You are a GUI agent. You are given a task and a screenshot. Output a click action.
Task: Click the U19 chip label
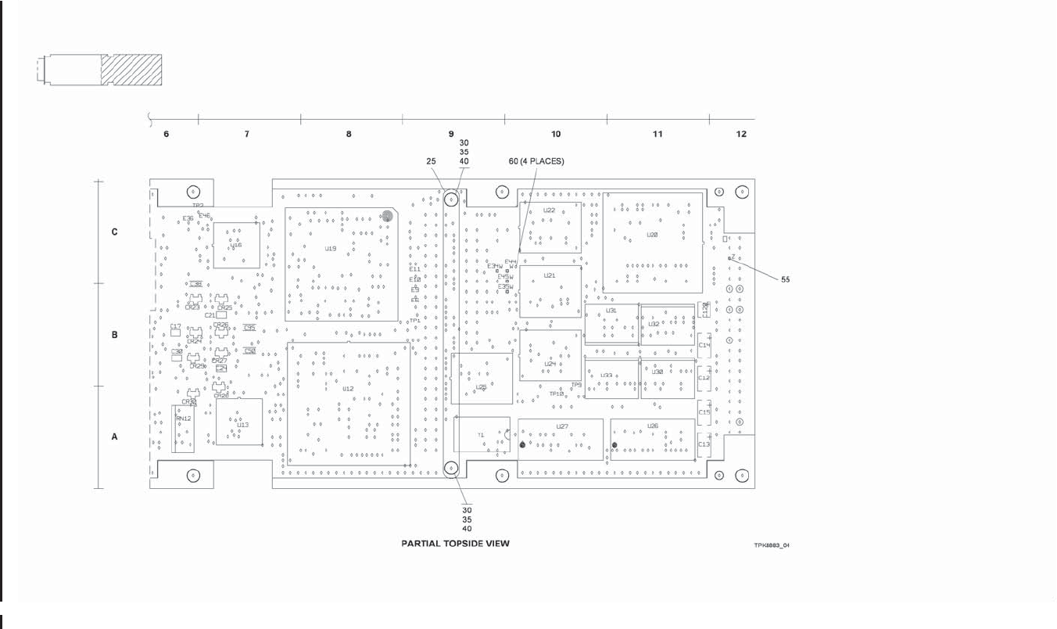coord(331,249)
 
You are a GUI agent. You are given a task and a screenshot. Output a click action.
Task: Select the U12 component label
coord(349,389)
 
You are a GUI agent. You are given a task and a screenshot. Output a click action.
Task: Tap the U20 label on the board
coord(652,235)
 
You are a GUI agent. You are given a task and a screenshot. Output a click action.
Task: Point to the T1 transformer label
coord(481,434)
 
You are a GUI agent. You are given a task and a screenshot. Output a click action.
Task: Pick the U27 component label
coord(562,426)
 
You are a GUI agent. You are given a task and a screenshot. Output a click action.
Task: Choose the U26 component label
coord(653,426)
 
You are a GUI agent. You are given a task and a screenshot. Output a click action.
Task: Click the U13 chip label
coord(242,425)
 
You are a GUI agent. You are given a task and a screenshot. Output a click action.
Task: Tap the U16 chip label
coord(236,245)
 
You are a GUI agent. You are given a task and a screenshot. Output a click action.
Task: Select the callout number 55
coord(786,279)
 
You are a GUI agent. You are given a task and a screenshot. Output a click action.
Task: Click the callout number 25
coord(432,161)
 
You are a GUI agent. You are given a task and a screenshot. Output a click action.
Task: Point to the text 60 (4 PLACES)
coord(536,161)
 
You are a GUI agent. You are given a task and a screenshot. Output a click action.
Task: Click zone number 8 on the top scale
coord(349,135)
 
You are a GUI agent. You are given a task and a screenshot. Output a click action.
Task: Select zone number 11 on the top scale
coord(657,135)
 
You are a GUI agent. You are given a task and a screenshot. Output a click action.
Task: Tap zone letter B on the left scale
coord(115,335)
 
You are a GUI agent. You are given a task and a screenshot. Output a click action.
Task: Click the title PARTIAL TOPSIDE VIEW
coord(455,543)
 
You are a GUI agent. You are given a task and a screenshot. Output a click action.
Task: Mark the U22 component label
coord(549,210)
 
